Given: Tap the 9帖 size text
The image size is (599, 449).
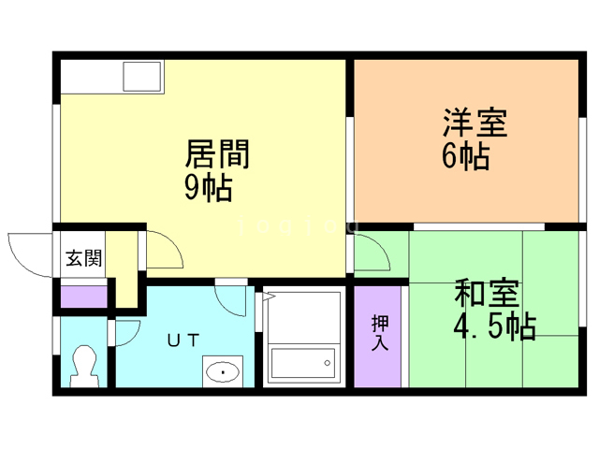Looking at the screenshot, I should (207, 188).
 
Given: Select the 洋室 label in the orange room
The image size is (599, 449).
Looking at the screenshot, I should (475, 124).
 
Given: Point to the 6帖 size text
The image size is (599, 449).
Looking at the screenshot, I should (465, 156).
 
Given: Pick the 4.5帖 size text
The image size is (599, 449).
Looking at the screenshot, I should (494, 327).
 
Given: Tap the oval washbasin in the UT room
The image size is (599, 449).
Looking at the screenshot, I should (223, 373).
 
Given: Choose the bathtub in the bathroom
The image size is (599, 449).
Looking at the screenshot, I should (301, 360).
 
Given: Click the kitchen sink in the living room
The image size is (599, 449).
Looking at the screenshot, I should (143, 76).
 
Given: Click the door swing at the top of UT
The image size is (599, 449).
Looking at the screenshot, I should (230, 299).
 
